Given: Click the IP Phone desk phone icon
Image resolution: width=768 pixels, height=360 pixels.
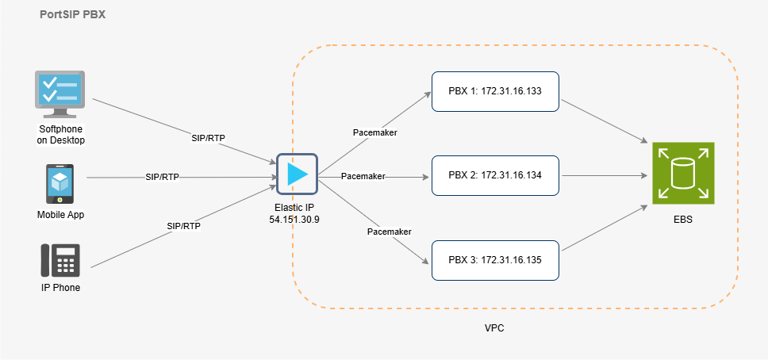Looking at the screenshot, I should [x=60, y=260].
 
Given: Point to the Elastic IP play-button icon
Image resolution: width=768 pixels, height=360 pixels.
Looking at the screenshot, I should [x=297, y=173].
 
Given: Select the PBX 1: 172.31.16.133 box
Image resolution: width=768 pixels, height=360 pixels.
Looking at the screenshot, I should [x=495, y=91].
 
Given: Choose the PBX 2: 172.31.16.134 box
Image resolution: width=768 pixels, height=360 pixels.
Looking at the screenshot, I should [x=495, y=175].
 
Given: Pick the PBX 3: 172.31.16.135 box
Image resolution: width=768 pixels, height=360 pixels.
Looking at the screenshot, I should [x=495, y=259].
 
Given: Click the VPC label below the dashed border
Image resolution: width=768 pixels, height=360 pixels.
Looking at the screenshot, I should [x=495, y=327].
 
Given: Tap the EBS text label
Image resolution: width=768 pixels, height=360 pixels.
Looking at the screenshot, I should [x=682, y=220].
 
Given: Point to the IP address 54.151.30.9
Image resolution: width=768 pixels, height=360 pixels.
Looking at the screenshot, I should [x=296, y=218].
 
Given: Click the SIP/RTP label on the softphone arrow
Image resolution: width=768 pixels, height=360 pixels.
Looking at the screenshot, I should [x=208, y=138].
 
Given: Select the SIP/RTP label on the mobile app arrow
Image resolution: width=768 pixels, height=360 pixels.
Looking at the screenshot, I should [x=162, y=177].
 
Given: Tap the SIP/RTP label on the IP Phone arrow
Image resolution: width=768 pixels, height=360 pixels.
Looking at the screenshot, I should [x=183, y=226].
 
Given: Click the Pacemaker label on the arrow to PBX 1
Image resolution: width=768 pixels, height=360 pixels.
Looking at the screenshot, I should [x=374, y=132].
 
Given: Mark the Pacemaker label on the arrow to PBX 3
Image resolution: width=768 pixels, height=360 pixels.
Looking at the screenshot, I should [x=389, y=232].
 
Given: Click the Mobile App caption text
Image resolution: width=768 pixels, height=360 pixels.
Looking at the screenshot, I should [x=60, y=215].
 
